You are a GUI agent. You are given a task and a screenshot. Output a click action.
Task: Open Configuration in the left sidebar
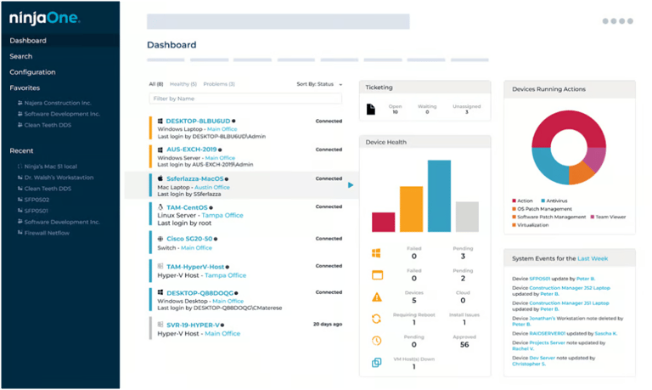pos(32,72)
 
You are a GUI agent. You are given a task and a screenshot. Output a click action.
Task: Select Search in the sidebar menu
pos(21,56)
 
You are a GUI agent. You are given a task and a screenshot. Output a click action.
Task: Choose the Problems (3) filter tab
pos(219,84)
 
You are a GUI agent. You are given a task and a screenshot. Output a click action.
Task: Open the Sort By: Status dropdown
pos(319,84)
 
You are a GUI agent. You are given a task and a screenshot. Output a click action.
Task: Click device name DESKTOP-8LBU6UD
pos(198,122)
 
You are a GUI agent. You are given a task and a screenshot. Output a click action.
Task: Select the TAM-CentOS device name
pos(188,206)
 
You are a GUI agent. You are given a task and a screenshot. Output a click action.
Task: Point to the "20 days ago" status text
pos(327,325)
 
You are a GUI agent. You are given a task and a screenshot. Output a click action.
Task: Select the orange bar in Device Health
pos(411,209)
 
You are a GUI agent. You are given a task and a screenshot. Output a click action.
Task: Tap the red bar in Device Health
pos(383,222)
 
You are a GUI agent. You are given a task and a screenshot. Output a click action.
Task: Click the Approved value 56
pos(463,345)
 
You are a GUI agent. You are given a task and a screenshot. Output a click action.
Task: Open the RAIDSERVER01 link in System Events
pos(548,334)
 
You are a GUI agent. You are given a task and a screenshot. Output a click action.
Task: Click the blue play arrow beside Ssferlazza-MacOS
pos(351,184)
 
